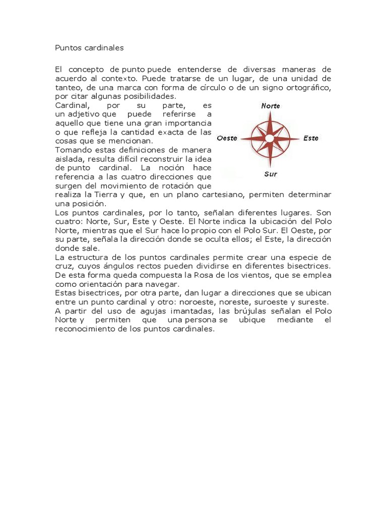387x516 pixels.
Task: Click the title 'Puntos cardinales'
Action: point(89,48)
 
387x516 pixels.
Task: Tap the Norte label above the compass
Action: point(271,106)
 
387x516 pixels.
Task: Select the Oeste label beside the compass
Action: point(227,138)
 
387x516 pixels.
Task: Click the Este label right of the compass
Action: point(311,138)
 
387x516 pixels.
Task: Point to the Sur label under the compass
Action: point(270,174)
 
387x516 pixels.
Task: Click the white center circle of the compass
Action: point(270,138)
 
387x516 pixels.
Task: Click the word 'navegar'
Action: point(163,284)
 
